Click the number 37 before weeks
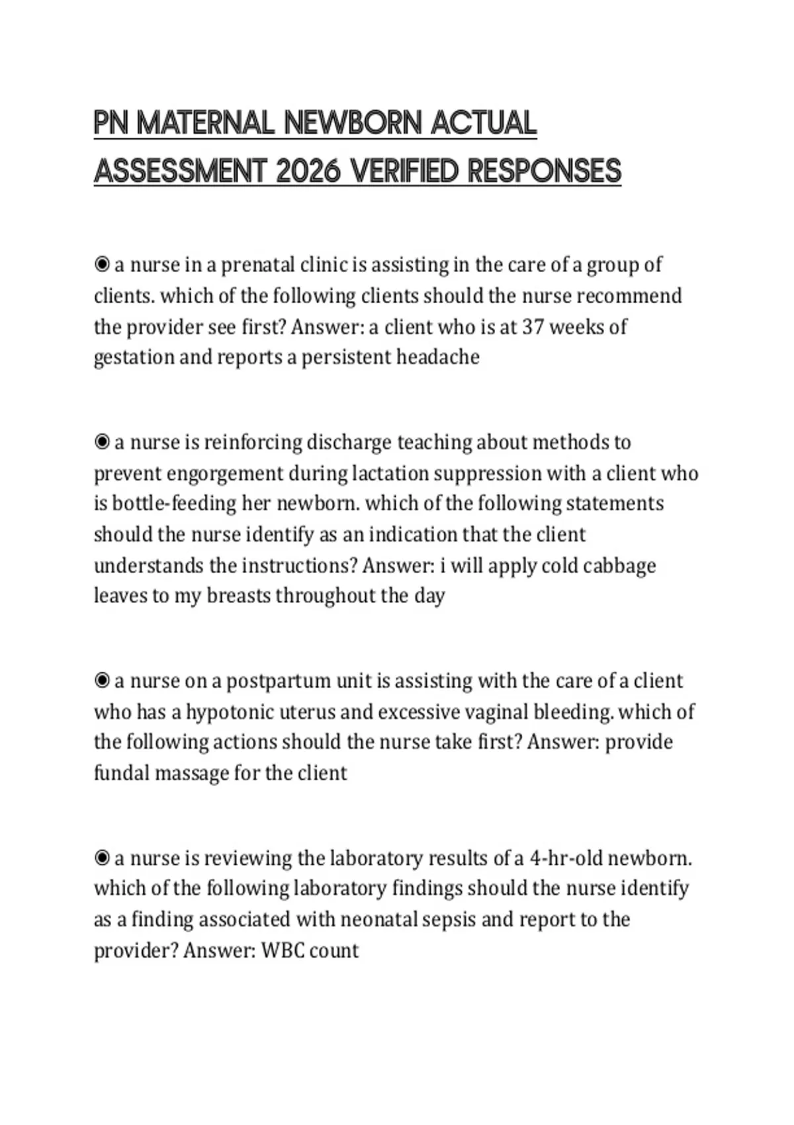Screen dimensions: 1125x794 (533, 327)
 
